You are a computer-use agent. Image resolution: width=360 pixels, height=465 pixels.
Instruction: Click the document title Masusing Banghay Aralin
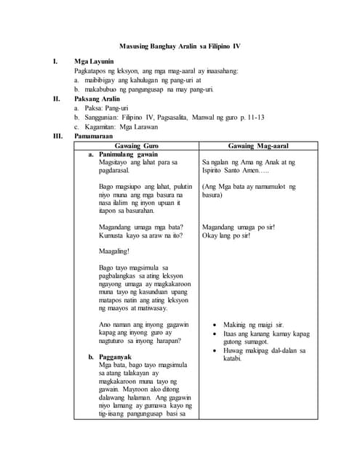(180, 46)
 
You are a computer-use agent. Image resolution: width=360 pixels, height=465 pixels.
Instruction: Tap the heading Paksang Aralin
(99, 98)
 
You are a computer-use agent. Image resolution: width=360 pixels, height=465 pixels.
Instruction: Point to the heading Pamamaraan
(97, 134)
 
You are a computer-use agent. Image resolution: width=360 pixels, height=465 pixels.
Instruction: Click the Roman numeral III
(57, 134)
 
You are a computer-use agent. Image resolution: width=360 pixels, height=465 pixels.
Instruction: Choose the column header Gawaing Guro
(136, 145)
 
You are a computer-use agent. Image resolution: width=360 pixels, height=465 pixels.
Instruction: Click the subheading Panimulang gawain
(128, 155)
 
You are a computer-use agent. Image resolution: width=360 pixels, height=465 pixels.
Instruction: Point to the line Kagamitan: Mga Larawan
(127, 126)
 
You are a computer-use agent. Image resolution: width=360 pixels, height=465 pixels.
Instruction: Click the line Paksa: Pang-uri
(113, 108)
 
